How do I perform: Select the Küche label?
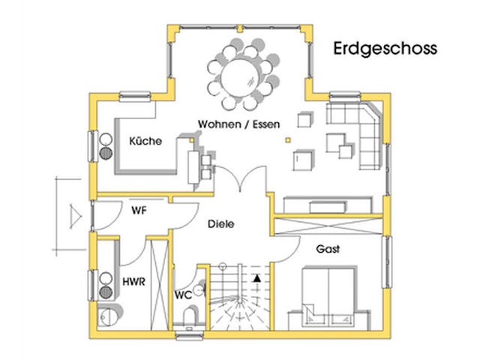(x=145, y=141)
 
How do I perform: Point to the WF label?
(x=138, y=211)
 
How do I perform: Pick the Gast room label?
(x=328, y=248)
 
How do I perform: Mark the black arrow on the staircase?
(x=258, y=279)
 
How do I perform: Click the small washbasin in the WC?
(x=199, y=287)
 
